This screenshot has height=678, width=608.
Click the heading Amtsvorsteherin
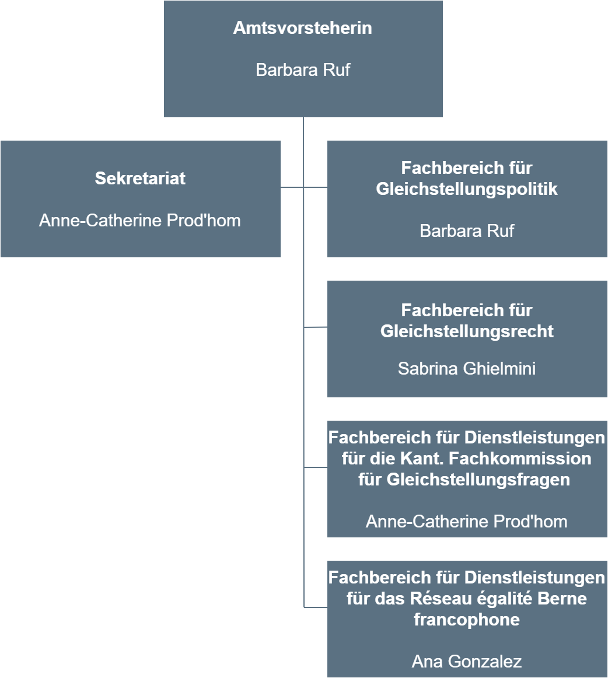[x=303, y=27]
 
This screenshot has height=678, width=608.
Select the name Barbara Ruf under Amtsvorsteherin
[x=303, y=69]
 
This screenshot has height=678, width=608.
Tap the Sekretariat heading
[x=140, y=178]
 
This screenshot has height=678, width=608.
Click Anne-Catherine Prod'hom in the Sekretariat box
[x=139, y=221]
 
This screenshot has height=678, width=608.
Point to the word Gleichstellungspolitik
[x=467, y=189]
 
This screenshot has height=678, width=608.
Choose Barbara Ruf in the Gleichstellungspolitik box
[x=467, y=231]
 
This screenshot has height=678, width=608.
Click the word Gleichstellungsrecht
[x=467, y=331]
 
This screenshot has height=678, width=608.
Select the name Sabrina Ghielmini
[x=467, y=368]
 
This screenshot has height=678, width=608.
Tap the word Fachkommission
[x=520, y=459]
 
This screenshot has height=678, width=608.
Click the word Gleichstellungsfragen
[x=478, y=480]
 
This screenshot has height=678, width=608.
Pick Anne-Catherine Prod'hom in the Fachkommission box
[x=467, y=522]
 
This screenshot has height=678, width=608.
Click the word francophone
[x=467, y=620]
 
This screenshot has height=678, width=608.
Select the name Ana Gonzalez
[x=467, y=662]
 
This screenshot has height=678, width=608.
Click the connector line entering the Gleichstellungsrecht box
[x=315, y=327]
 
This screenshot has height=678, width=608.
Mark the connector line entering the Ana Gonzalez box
[x=315, y=607]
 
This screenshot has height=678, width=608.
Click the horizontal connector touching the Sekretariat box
[x=292, y=187]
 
